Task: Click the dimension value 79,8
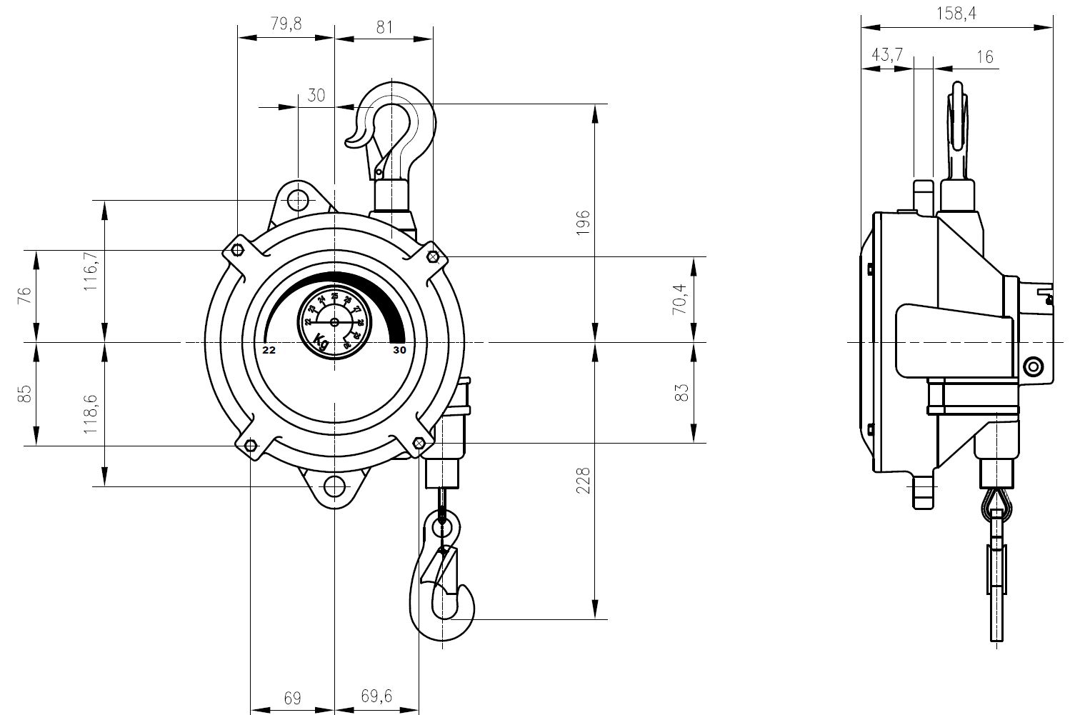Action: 286,24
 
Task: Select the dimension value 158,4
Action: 956,13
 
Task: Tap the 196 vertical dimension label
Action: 584,224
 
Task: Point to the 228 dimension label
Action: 584,481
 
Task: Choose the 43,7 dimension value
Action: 886,55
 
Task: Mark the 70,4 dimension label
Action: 680,299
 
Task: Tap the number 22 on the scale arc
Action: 269,350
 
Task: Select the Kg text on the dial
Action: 321,341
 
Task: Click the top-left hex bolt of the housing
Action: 238,250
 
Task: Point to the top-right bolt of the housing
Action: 433,256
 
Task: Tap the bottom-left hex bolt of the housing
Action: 250,446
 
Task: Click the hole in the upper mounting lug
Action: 298,200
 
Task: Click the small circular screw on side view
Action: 1031,367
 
